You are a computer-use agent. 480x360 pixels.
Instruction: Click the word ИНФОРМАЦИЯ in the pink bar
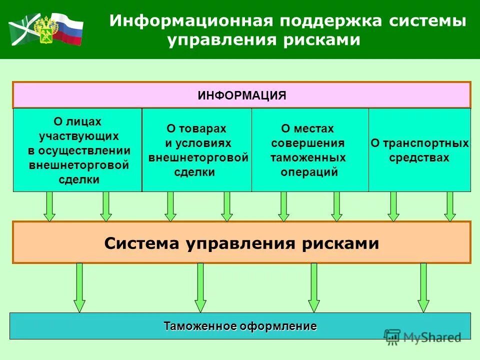pos(241,95)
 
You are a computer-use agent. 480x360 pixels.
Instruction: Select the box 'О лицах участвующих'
pos(77,150)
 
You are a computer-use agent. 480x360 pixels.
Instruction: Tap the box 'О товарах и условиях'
pos(197,150)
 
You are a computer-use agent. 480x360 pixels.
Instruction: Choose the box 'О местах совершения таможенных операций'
pos(310,150)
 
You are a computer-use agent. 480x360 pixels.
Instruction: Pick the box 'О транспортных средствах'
pos(419,150)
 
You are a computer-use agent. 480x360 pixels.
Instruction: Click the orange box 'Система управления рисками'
pos(241,243)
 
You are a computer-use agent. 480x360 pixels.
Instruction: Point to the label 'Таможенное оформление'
pos(240,326)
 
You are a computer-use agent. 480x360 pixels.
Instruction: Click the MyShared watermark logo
pos(422,337)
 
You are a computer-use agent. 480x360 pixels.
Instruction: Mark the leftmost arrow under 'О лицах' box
pos(49,206)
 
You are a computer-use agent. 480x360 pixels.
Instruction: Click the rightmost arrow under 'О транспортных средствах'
pos(450,206)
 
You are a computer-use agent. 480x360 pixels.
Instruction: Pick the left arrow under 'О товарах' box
pos(170,206)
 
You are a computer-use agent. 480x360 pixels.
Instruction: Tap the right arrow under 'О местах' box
pos(336,206)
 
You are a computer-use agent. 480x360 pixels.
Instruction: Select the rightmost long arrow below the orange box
pos(423,287)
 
